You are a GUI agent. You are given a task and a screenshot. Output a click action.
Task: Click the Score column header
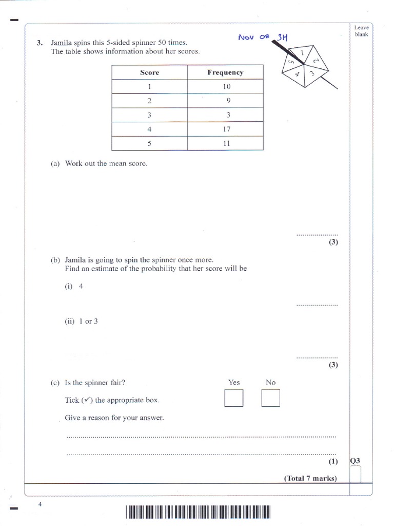click(x=149, y=72)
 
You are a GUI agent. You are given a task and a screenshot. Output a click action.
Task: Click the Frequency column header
click(x=225, y=72)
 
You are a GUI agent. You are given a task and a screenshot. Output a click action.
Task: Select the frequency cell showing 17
click(x=226, y=129)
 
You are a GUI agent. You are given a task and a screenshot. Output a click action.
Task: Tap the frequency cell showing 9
click(x=226, y=101)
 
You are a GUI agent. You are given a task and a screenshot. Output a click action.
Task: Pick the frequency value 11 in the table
click(x=226, y=143)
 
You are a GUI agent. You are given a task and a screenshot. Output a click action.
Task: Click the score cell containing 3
click(x=149, y=115)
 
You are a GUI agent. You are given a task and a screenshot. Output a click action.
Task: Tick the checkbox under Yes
click(x=233, y=399)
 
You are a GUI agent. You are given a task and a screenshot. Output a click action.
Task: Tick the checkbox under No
click(x=270, y=399)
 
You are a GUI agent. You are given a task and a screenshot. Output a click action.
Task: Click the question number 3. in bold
click(x=40, y=43)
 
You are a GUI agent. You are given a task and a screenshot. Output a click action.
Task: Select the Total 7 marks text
click(x=310, y=478)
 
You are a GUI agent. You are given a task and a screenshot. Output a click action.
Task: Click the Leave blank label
click(x=361, y=31)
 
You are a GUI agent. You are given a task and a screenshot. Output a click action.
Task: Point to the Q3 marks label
click(x=355, y=461)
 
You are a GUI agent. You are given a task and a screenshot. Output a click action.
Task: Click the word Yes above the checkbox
click(x=234, y=382)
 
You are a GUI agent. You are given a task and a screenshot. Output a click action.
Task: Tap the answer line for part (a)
click(x=317, y=234)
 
